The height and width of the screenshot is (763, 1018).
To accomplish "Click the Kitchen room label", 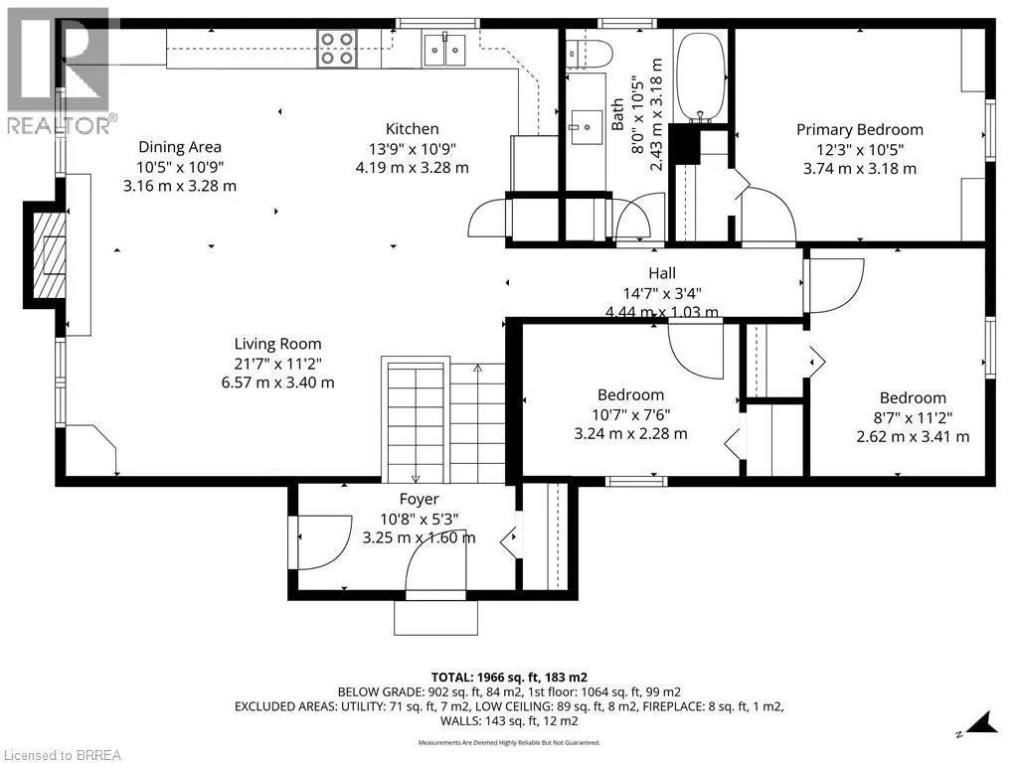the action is click(413, 128).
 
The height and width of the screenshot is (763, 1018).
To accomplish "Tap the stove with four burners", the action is click(337, 49).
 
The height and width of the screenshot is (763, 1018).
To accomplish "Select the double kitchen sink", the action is click(444, 50).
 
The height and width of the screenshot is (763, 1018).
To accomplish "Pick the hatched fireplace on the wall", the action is click(51, 255).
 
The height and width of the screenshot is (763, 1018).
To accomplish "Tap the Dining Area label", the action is click(180, 147).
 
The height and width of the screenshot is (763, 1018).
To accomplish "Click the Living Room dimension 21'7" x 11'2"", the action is click(278, 364).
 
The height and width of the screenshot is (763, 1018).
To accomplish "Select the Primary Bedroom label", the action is click(860, 130).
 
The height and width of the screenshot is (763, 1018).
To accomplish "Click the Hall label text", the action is click(661, 273).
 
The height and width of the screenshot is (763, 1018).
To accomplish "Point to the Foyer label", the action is click(419, 499).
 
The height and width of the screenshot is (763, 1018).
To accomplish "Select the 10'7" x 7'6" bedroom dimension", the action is click(630, 414).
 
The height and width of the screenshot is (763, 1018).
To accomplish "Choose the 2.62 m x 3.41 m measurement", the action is click(913, 437).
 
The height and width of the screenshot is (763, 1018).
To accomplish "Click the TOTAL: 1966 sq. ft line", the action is click(509, 678).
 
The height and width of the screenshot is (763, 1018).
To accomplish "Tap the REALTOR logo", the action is click(59, 72).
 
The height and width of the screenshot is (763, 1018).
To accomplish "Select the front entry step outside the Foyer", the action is click(436, 617).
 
